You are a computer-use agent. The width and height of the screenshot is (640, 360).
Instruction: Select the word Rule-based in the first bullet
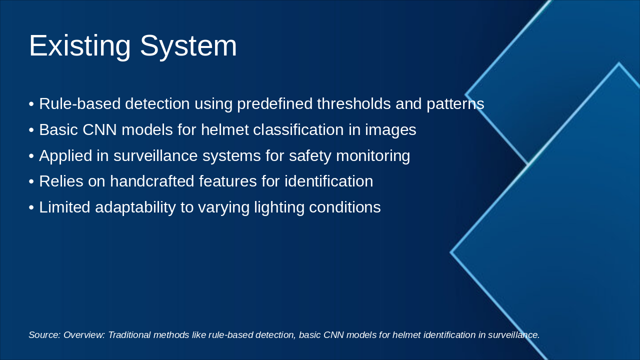tap(79, 103)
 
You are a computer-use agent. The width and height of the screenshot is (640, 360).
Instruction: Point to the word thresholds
tap(353, 103)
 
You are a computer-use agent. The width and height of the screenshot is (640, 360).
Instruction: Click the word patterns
tap(455, 103)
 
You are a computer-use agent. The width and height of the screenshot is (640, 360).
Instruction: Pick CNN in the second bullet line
tap(99, 129)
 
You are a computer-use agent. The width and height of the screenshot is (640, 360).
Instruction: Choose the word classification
tap(298, 129)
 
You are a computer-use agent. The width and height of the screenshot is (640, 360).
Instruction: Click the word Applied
tap(65, 156)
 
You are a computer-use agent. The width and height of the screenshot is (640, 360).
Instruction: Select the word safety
tap(310, 156)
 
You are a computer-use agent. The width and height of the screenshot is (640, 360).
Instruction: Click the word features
tap(227, 181)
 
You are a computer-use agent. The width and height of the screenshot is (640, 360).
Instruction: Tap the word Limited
tap(64, 207)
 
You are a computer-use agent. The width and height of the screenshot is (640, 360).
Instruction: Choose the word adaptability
tap(135, 207)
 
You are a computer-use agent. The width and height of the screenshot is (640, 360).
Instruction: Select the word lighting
tap(279, 207)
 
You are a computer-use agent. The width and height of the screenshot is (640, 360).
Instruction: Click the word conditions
tap(345, 207)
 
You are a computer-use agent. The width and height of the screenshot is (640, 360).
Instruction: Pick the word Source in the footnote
tap(44, 335)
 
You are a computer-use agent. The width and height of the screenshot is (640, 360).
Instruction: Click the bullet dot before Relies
tap(31, 181)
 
